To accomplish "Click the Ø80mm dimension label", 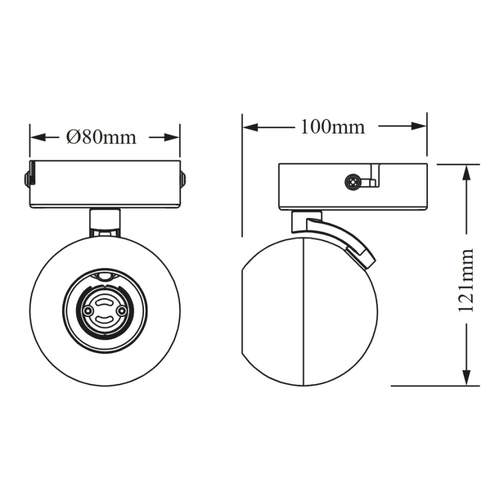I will pyautogui.click(x=101, y=137).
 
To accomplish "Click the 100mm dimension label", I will pyautogui.click(x=332, y=126).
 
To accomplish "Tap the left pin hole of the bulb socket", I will pyautogui.click(x=88, y=311).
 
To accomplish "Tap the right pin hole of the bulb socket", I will pyautogui.click(x=121, y=311).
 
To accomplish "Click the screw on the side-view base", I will pyautogui.click(x=352, y=182).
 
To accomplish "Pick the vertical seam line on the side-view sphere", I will pyautogui.click(x=304, y=314).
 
